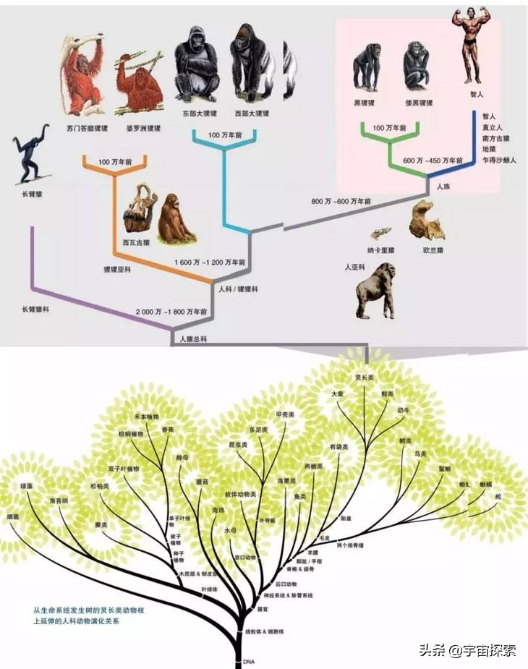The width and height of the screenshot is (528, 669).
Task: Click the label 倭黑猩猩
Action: pos(419,103)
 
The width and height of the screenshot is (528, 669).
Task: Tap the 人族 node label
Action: pos(443,187)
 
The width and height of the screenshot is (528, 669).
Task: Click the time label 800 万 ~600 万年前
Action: pos(341,200)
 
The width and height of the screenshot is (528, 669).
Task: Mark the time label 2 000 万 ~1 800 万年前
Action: pos(171,312)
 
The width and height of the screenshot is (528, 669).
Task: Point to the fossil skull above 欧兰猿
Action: pos(426,220)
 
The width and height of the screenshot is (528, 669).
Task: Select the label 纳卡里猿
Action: pos(381,250)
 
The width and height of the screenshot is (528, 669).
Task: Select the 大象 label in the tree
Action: pos(338,393)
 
